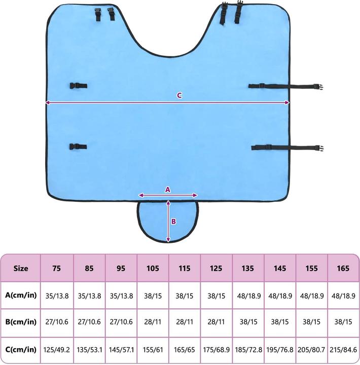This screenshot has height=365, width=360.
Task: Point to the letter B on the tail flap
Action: [x=173, y=222]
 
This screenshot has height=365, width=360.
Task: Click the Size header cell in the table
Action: [x=21, y=268]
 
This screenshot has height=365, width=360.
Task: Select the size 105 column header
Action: [x=153, y=268]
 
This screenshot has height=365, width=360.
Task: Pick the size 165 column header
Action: [x=344, y=268]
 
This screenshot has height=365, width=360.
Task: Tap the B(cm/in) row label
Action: [x=21, y=322]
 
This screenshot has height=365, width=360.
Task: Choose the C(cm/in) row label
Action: [x=21, y=349]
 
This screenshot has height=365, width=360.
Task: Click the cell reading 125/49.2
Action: [x=57, y=349]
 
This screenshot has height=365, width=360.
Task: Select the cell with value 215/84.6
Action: [x=344, y=349]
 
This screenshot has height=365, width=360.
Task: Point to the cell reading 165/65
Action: [x=185, y=349]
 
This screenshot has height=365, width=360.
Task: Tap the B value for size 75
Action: [x=57, y=322]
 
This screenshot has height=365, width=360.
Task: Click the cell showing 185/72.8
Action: [x=248, y=349]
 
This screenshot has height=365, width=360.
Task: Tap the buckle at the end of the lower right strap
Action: [x=319, y=148]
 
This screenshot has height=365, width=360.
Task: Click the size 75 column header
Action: [x=57, y=268]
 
